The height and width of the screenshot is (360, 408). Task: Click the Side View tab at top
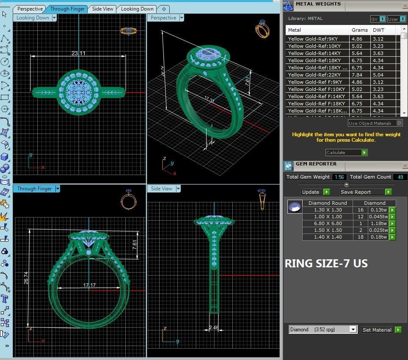pos(103,8)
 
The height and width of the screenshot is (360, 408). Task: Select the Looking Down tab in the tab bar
pos(137,8)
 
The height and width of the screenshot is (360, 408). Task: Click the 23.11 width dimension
pos(78,53)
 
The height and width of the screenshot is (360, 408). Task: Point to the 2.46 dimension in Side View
pos(214,327)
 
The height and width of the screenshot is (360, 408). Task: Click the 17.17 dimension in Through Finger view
pos(89,285)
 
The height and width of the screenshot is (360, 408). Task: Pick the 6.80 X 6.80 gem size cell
pos(328,223)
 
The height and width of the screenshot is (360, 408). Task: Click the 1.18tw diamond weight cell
pos(378,223)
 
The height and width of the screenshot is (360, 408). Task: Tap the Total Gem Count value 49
pos(400,177)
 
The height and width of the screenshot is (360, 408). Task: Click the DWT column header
pos(378,30)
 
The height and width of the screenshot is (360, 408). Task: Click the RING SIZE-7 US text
pos(326,264)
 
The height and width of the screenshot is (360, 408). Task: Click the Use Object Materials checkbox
pos(399,123)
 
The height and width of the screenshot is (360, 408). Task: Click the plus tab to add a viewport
pos(164,8)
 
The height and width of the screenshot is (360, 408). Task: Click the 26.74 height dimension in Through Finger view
pos(26,277)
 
